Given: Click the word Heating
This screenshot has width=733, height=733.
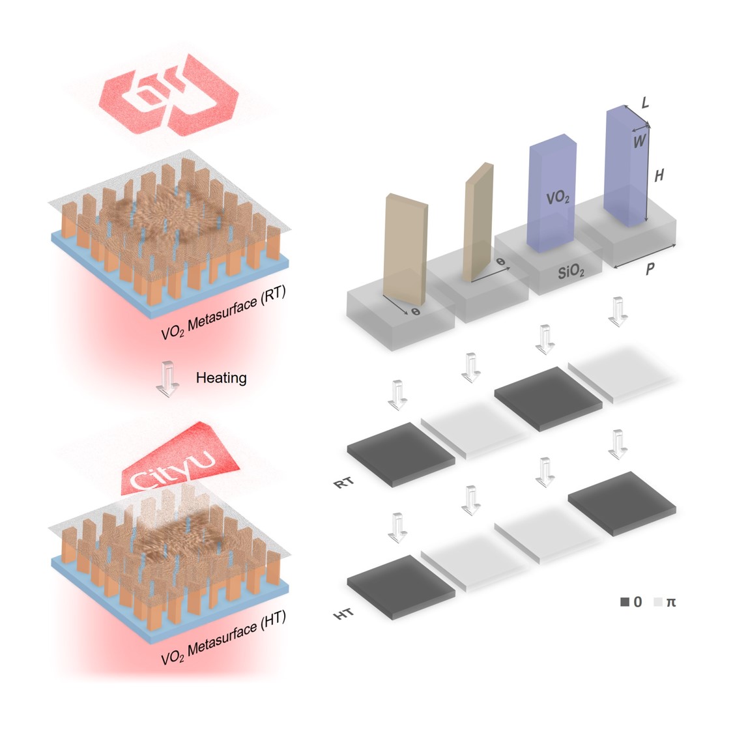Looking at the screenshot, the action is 221,378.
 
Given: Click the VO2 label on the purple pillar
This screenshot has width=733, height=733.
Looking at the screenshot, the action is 558,198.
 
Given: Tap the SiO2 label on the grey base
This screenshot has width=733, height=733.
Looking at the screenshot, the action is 571,272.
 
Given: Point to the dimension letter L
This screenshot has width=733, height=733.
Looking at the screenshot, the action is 646,102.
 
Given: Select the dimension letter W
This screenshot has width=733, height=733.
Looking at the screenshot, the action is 639,141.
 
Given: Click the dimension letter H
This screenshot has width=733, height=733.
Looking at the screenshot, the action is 659,175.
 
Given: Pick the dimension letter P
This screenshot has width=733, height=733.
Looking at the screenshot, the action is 650,269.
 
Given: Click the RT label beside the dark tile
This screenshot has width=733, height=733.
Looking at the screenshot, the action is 343,482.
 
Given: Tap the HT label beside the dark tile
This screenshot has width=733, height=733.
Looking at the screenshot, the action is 343,614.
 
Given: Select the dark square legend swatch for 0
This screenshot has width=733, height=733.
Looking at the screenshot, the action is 625,602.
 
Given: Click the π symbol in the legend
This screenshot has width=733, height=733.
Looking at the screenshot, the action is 671,602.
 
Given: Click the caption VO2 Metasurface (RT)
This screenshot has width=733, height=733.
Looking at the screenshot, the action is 223,312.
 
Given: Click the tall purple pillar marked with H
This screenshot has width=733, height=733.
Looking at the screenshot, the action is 626,166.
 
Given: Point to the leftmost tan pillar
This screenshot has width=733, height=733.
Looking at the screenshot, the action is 405,250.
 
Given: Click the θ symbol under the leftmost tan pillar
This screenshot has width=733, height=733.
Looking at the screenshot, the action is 416,311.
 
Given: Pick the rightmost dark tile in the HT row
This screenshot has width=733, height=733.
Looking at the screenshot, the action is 622,504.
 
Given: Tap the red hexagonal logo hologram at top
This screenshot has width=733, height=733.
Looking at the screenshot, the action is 169,95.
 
